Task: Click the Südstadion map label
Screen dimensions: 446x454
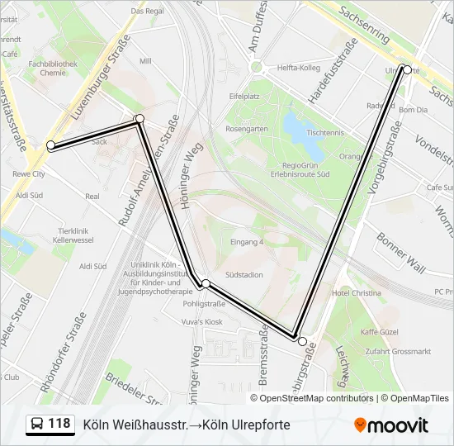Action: pos(244,275)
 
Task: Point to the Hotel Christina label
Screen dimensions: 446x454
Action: pos(356,293)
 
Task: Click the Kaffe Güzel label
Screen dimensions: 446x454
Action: pos(381,331)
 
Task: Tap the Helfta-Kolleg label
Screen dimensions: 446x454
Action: pos(298,68)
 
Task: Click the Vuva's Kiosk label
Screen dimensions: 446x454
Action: pos(203,321)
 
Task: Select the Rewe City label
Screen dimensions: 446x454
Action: pos(29,174)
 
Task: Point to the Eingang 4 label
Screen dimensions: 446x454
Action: pos(247,242)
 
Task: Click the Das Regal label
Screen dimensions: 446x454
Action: pos(148,11)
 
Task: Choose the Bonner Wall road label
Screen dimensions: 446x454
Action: pos(401,252)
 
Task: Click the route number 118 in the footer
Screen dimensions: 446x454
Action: pos(59,424)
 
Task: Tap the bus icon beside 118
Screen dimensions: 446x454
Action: pos(37,425)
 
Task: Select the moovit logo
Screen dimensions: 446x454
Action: pos(391,425)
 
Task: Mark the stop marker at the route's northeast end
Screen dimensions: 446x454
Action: pos(406,69)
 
